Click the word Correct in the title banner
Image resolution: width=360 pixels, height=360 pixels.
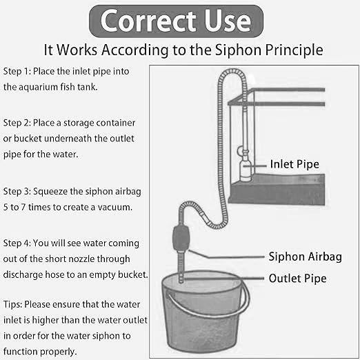coord(148,21)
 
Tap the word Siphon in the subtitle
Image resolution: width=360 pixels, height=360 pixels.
coord(238,50)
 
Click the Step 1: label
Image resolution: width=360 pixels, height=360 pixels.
coord(17,71)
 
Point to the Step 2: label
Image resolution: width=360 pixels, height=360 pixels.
coord(17,123)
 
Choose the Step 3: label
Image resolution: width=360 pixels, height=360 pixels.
coord(17,191)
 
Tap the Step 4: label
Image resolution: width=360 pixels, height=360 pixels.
coord(17,243)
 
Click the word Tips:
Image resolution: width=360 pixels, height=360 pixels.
coord(12,305)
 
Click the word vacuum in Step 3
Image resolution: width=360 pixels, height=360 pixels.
coord(114,208)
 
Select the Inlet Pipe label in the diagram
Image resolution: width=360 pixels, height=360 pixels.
coord(294,164)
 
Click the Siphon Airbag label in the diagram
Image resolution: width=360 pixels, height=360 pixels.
coord(305,257)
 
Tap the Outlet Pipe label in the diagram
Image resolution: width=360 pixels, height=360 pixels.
coord(297,279)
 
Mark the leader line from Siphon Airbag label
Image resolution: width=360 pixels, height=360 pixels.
coord(226,256)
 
